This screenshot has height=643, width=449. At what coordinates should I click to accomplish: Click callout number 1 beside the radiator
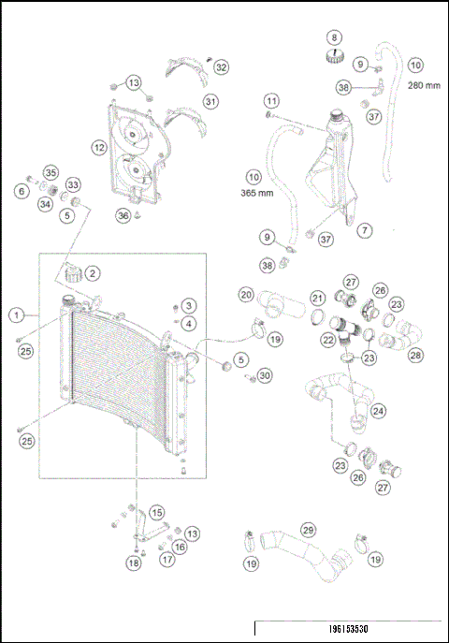17,314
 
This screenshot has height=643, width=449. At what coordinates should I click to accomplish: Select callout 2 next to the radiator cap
94,273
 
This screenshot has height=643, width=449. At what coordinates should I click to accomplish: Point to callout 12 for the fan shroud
98,147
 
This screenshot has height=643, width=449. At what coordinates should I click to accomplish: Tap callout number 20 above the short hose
246,294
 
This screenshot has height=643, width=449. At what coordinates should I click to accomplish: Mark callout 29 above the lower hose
308,530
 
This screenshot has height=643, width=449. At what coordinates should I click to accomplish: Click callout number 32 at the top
221,67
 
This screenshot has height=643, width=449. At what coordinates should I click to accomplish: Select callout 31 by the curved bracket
210,101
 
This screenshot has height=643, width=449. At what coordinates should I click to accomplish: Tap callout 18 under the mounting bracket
134,563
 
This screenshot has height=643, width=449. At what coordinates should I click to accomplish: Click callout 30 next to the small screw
265,375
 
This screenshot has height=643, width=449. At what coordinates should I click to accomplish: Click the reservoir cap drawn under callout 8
332,58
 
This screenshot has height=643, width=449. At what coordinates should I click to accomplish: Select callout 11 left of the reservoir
271,100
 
